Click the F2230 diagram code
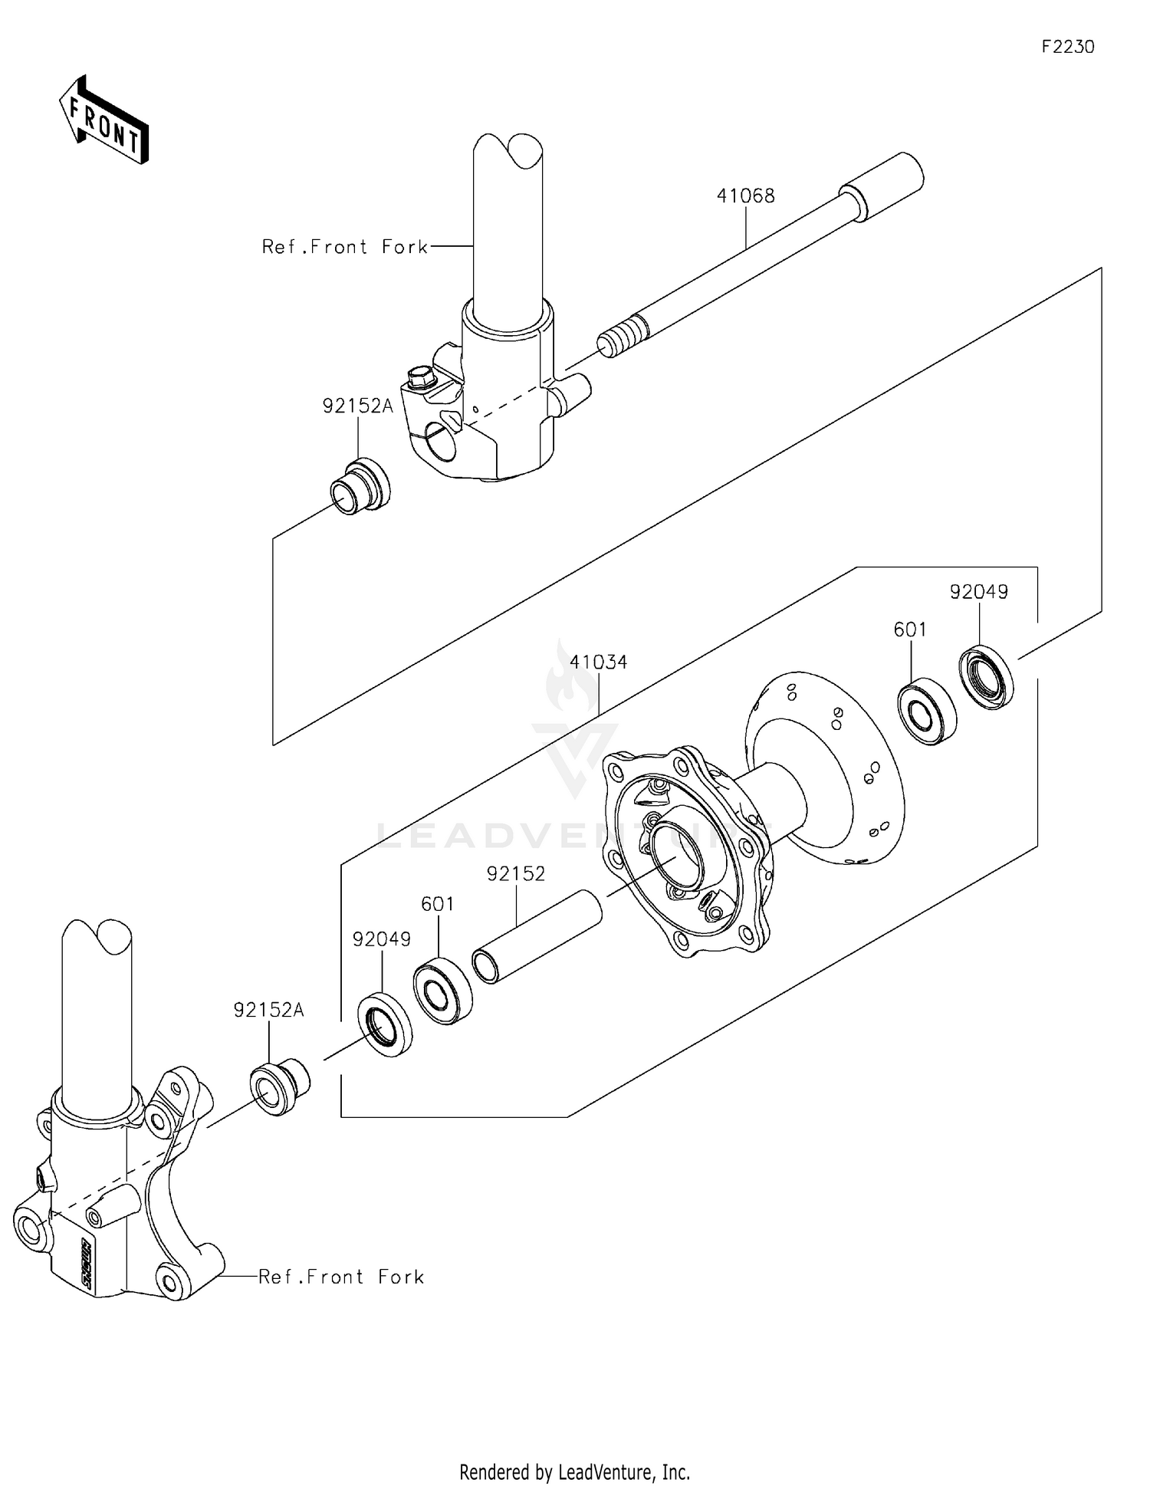pos(1067,48)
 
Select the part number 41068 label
pos(745,196)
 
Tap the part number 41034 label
pos(598,662)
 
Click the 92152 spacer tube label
pos(516,873)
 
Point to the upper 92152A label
pos(357,406)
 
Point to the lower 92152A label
pos(268,1011)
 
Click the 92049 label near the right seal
pos(978,592)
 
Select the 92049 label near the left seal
pos(382,939)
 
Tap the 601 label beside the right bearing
pos(910,630)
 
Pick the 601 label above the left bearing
pos(438,905)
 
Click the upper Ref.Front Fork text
pos(345,247)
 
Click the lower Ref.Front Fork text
pos(341,1277)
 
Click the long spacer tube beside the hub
pos(537,935)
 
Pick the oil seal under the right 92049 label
pos(987,677)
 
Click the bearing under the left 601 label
pos(442,991)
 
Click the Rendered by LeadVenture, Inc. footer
pos(574,1471)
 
